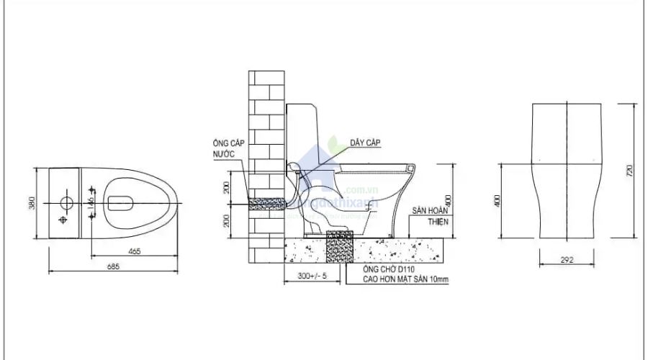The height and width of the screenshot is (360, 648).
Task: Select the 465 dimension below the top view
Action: pos(135,251)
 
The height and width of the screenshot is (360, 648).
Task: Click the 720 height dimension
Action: pos(629,171)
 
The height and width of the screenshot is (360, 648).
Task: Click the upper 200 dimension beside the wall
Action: pos(226,187)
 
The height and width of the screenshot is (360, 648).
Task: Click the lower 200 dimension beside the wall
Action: pos(226,220)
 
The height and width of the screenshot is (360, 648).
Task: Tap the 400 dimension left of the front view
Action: pos(496,202)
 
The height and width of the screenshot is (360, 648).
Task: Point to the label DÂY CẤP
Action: pos(365,143)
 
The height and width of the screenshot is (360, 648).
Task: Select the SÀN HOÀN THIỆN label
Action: pos(430,217)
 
